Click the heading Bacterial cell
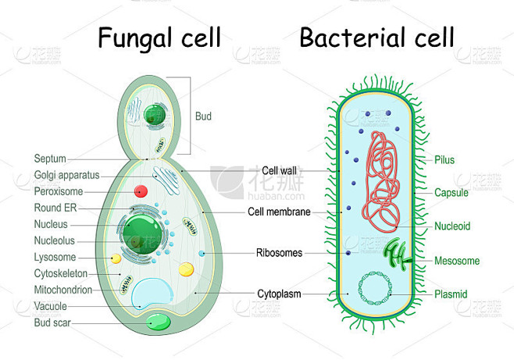pyautogui.click(x=377, y=37)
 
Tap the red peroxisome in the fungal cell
pyautogui.click(x=141, y=191)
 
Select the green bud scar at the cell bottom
pyautogui.click(x=159, y=322)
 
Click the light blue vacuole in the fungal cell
pyautogui.click(x=152, y=293)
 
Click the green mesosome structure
pyautogui.click(x=398, y=254)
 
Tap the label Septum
pyautogui.click(x=50, y=159)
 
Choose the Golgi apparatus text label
pyautogui.click(x=66, y=175)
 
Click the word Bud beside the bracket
pyautogui.click(x=203, y=116)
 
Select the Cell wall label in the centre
pyautogui.click(x=279, y=171)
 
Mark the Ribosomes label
pyautogui.click(x=279, y=252)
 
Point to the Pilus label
pyautogui.click(x=444, y=160)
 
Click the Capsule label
pyautogui.click(x=451, y=193)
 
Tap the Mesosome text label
pyautogui.click(x=457, y=261)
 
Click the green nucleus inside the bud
pyautogui.click(x=155, y=114)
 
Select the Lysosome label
pyautogui.click(x=55, y=257)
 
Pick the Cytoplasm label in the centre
pyautogui.click(x=279, y=294)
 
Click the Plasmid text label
pyautogui.click(x=451, y=294)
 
